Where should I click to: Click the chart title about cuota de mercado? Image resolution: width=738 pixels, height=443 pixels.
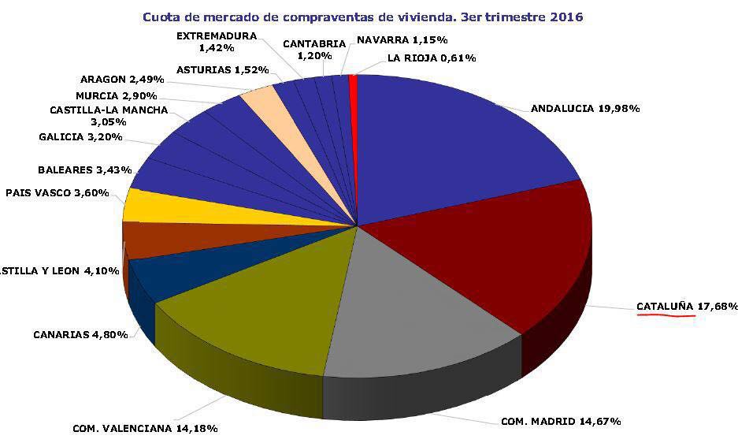click(x=363, y=16)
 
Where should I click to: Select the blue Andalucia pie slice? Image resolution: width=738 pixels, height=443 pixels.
click(x=457, y=142)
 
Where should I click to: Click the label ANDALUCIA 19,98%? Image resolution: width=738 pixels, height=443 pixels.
click(x=584, y=109)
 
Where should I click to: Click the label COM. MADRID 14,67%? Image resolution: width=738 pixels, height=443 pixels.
click(x=561, y=421)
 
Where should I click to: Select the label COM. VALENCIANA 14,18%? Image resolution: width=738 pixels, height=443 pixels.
click(x=145, y=428)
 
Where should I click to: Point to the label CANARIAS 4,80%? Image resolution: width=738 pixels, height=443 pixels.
click(x=80, y=334)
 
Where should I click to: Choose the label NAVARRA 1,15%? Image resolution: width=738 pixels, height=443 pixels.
click(x=402, y=39)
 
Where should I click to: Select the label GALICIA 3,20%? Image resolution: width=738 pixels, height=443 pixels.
click(x=80, y=137)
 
